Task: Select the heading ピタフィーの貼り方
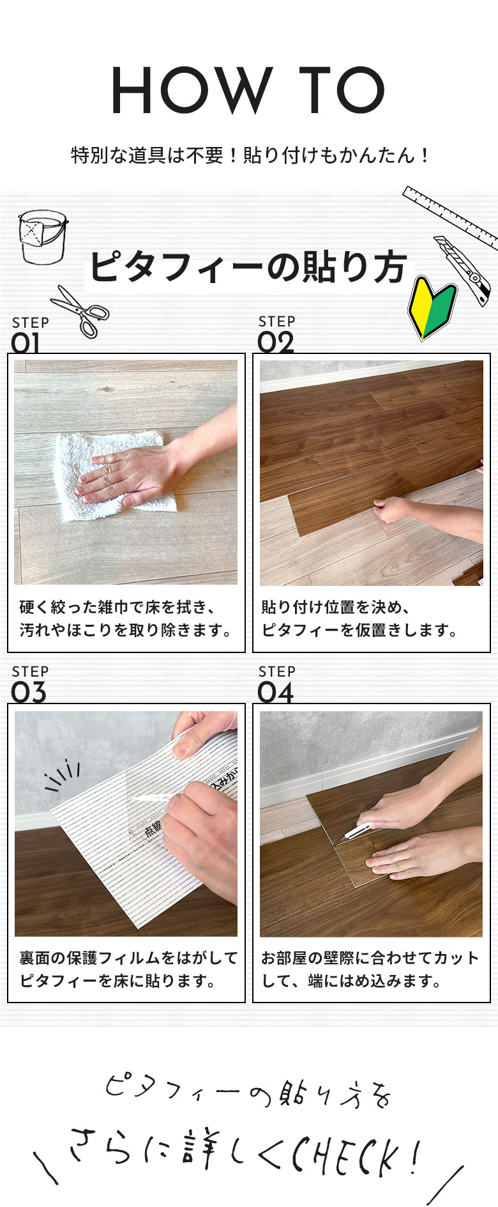[x=248, y=267]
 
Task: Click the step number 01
[x=26, y=343]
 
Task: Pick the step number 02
[x=276, y=342]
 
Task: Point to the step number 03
[x=29, y=693]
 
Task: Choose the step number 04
[x=276, y=693]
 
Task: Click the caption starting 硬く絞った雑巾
[x=126, y=619]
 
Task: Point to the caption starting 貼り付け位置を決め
[x=359, y=619]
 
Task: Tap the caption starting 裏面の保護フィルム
[x=128, y=969]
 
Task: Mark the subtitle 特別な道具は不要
[x=249, y=155]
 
